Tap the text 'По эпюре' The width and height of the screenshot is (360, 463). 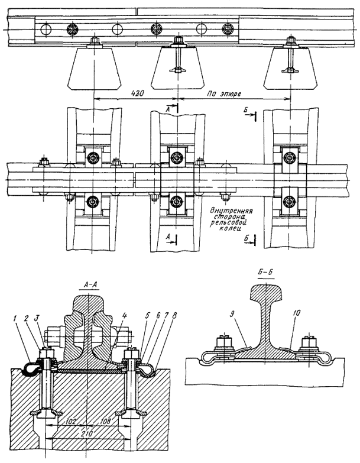coord(217,93)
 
